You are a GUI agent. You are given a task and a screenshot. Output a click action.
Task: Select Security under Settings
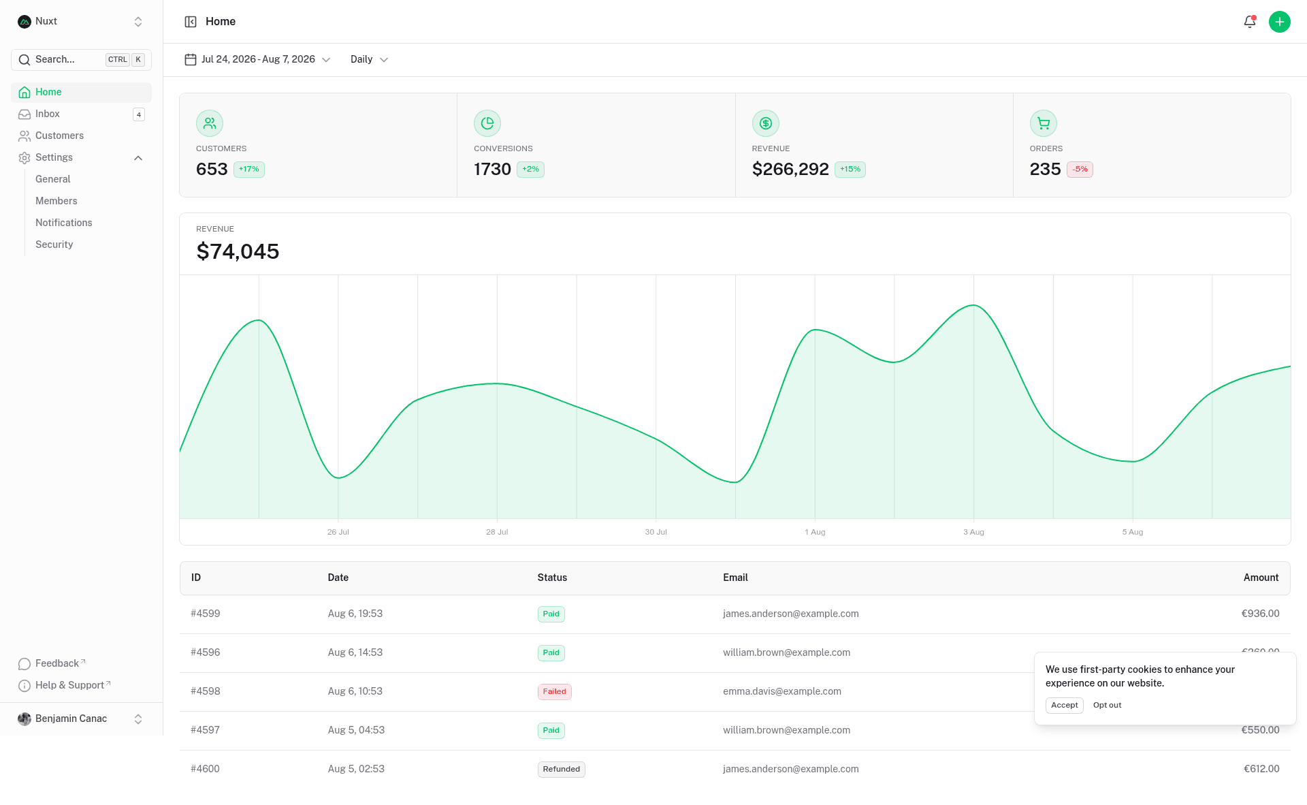[54, 244]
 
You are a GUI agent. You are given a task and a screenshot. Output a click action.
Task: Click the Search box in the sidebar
[81, 60]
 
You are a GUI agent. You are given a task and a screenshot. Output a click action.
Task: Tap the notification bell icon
[1249, 22]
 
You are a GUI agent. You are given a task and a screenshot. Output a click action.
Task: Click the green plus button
[1279, 22]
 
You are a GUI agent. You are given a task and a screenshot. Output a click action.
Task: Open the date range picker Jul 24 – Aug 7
[257, 60]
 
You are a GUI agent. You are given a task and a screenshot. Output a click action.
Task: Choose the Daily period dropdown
[369, 60]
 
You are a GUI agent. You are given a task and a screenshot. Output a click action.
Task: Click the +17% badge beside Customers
[249, 170]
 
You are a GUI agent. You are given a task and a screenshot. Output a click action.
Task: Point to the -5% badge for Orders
[1080, 170]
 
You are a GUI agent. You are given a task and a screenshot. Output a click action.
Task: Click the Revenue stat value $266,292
[790, 169]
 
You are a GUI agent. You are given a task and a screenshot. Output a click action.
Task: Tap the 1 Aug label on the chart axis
[815, 532]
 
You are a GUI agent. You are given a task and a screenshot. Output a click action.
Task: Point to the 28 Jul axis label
[497, 532]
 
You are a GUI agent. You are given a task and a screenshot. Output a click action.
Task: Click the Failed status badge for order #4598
[555, 692]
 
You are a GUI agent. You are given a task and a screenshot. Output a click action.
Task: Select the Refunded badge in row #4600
[562, 770]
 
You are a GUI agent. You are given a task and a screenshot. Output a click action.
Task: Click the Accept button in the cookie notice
[1065, 706]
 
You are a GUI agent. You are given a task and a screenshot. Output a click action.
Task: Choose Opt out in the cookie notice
[1108, 706]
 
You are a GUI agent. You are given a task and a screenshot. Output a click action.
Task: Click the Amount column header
[1261, 578]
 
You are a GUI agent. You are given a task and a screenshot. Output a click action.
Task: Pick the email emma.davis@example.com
[782, 691]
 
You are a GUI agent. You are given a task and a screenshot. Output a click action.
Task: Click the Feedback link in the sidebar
[57, 663]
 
